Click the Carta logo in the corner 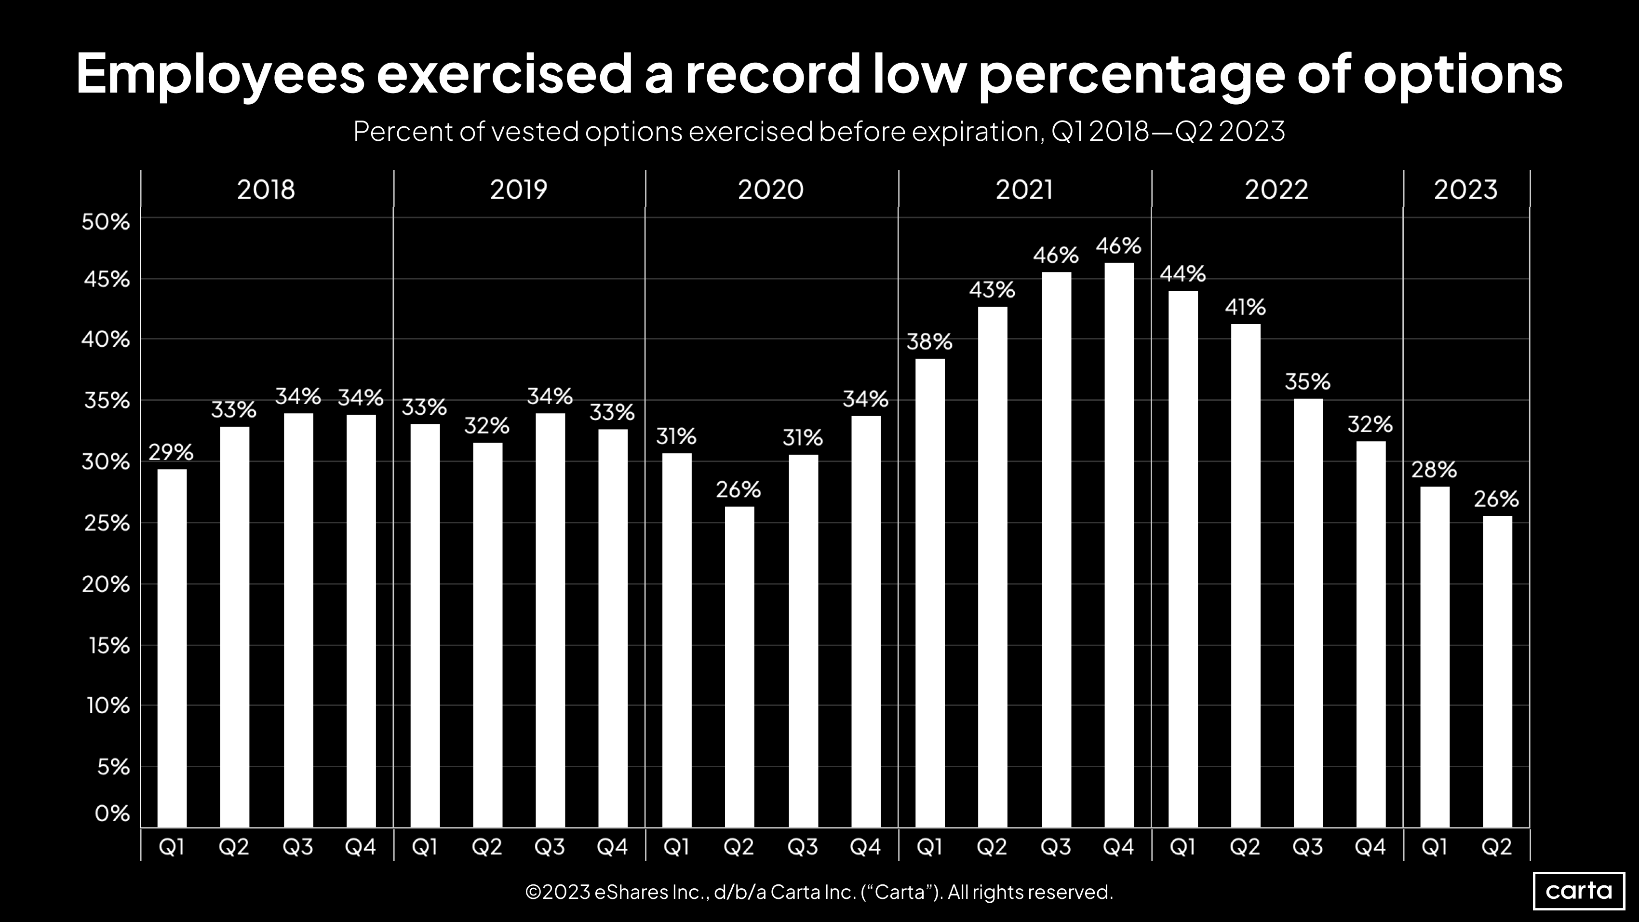1579,890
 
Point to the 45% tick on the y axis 106,279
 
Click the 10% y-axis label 108,705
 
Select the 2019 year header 519,190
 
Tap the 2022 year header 1276,190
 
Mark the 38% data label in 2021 929,342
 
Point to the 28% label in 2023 1434,470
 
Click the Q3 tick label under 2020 803,847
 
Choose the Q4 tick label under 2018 361,847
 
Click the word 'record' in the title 772,74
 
